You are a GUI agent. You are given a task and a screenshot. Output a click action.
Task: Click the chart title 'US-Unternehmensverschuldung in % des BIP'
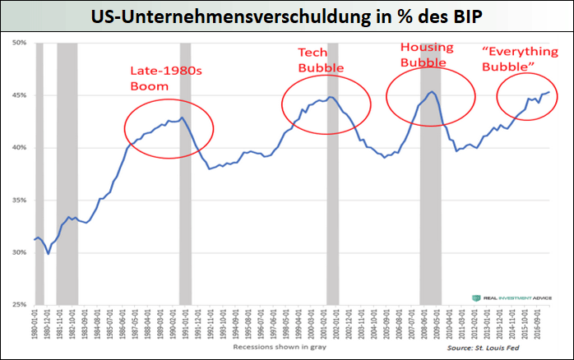click(287, 16)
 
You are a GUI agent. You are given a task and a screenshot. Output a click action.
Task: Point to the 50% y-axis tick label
click(19, 42)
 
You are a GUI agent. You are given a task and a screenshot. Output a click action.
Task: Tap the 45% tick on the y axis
click(19, 95)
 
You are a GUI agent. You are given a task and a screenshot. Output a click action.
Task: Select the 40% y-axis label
click(19, 147)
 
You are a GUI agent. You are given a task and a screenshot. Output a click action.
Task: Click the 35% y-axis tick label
click(19, 200)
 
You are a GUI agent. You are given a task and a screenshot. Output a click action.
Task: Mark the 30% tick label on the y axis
click(19, 252)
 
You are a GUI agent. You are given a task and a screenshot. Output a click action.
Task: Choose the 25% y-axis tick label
click(19, 305)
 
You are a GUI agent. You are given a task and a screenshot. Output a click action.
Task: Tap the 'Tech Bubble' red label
click(321, 59)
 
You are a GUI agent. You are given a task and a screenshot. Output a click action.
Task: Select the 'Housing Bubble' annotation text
click(424, 55)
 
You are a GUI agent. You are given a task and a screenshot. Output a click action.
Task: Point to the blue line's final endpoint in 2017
click(549, 92)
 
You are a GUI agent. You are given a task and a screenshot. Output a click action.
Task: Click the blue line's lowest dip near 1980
click(49, 253)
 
